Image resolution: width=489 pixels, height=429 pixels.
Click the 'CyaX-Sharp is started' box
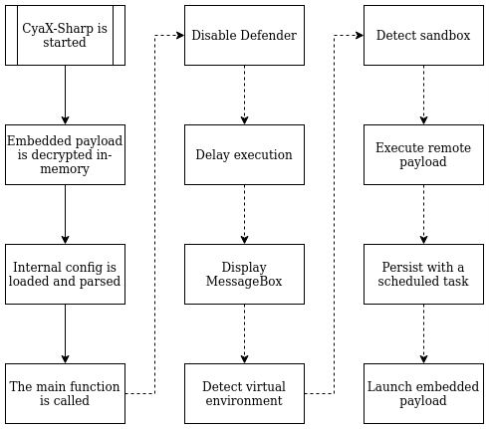pos(65,35)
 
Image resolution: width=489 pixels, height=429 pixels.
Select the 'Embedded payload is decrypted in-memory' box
pos(65,154)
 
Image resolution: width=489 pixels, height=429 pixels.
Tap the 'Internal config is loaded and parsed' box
pos(65,274)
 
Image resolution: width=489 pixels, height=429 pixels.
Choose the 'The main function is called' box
pos(65,393)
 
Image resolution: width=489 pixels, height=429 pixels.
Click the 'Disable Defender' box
pos(244,35)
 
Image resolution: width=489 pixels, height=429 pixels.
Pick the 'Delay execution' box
pos(244,154)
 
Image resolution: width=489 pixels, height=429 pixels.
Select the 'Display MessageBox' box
pos(244,274)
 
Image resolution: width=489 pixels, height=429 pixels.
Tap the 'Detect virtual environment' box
pos(244,393)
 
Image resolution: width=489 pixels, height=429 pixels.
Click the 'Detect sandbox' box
pos(423,35)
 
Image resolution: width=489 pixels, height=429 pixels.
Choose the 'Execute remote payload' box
pos(423,154)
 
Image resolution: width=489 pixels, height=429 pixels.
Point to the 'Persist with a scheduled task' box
pos(423,274)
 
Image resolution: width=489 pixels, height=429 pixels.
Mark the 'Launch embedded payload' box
pos(423,393)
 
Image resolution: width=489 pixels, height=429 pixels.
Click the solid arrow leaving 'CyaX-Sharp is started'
pos(65,95)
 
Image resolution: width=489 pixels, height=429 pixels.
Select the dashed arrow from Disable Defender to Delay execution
pos(244,95)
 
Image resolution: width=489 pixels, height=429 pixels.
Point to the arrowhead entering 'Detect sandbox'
pos(360,35)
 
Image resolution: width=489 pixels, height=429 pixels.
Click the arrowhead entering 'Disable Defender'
pos(180,35)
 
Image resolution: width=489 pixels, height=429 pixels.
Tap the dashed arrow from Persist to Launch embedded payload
pos(423,333)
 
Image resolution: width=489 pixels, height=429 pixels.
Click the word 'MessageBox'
pos(244,282)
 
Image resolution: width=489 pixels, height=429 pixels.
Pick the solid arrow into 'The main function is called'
pos(65,333)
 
